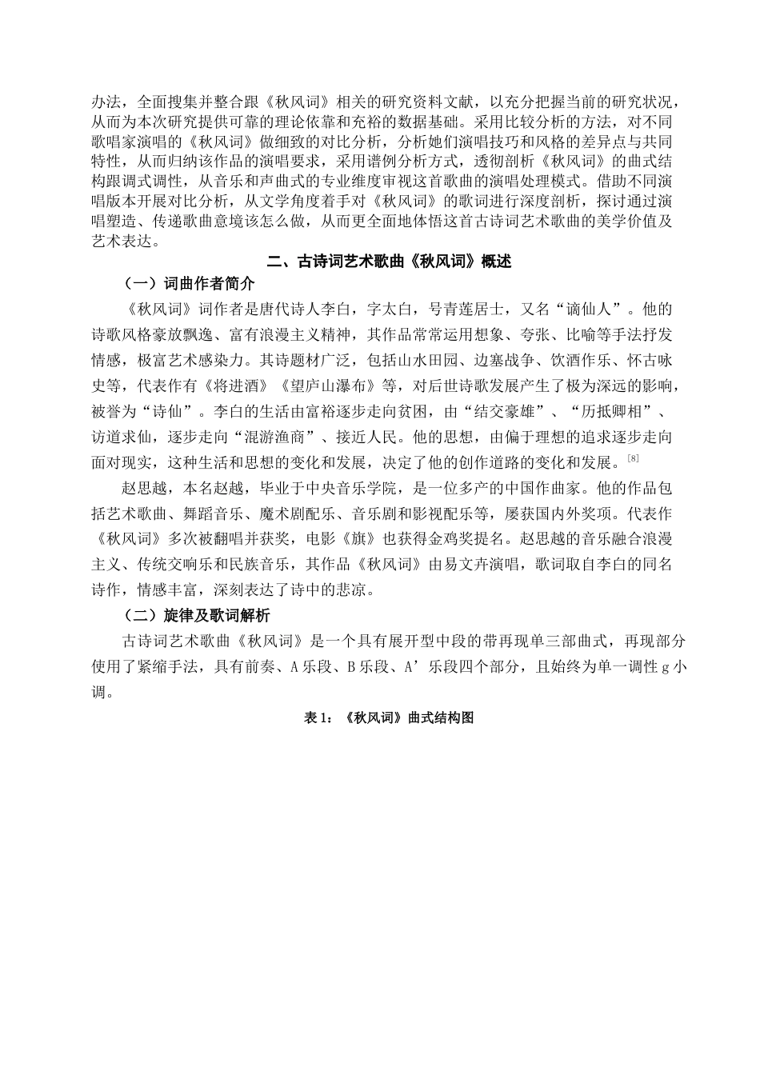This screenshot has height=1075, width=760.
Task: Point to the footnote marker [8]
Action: click(x=633, y=458)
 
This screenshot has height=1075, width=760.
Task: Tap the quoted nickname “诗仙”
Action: click(x=168, y=413)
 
